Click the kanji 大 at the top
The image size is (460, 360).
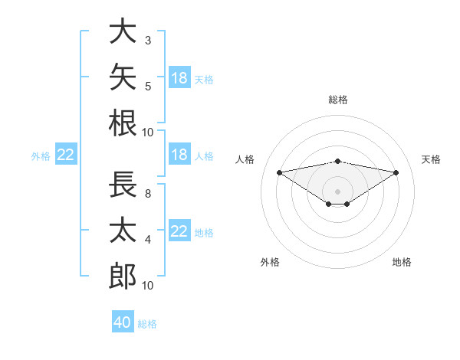[123, 31]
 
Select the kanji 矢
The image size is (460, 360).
[123, 77]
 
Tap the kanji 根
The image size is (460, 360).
[123, 123]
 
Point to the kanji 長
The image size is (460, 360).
[123, 184]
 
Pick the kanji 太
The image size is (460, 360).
[123, 230]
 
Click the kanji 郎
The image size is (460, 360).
[123, 276]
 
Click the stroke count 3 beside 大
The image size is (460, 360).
[148, 41]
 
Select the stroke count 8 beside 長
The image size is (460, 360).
[148, 194]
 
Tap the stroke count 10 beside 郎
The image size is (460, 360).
[147, 286]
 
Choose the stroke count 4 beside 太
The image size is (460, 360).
[148, 240]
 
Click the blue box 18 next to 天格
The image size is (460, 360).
[179, 77]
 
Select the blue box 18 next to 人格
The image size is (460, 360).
[179, 154]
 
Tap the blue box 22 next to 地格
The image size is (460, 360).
[179, 230]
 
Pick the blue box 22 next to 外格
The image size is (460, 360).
[66, 154]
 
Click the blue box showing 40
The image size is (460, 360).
[123, 321]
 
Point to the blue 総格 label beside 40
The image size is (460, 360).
[147, 324]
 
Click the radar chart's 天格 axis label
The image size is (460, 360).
[431, 159]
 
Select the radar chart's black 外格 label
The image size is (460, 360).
[270, 262]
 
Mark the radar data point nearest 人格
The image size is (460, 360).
[279, 172]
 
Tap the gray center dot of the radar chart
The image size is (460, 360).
[337, 191]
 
